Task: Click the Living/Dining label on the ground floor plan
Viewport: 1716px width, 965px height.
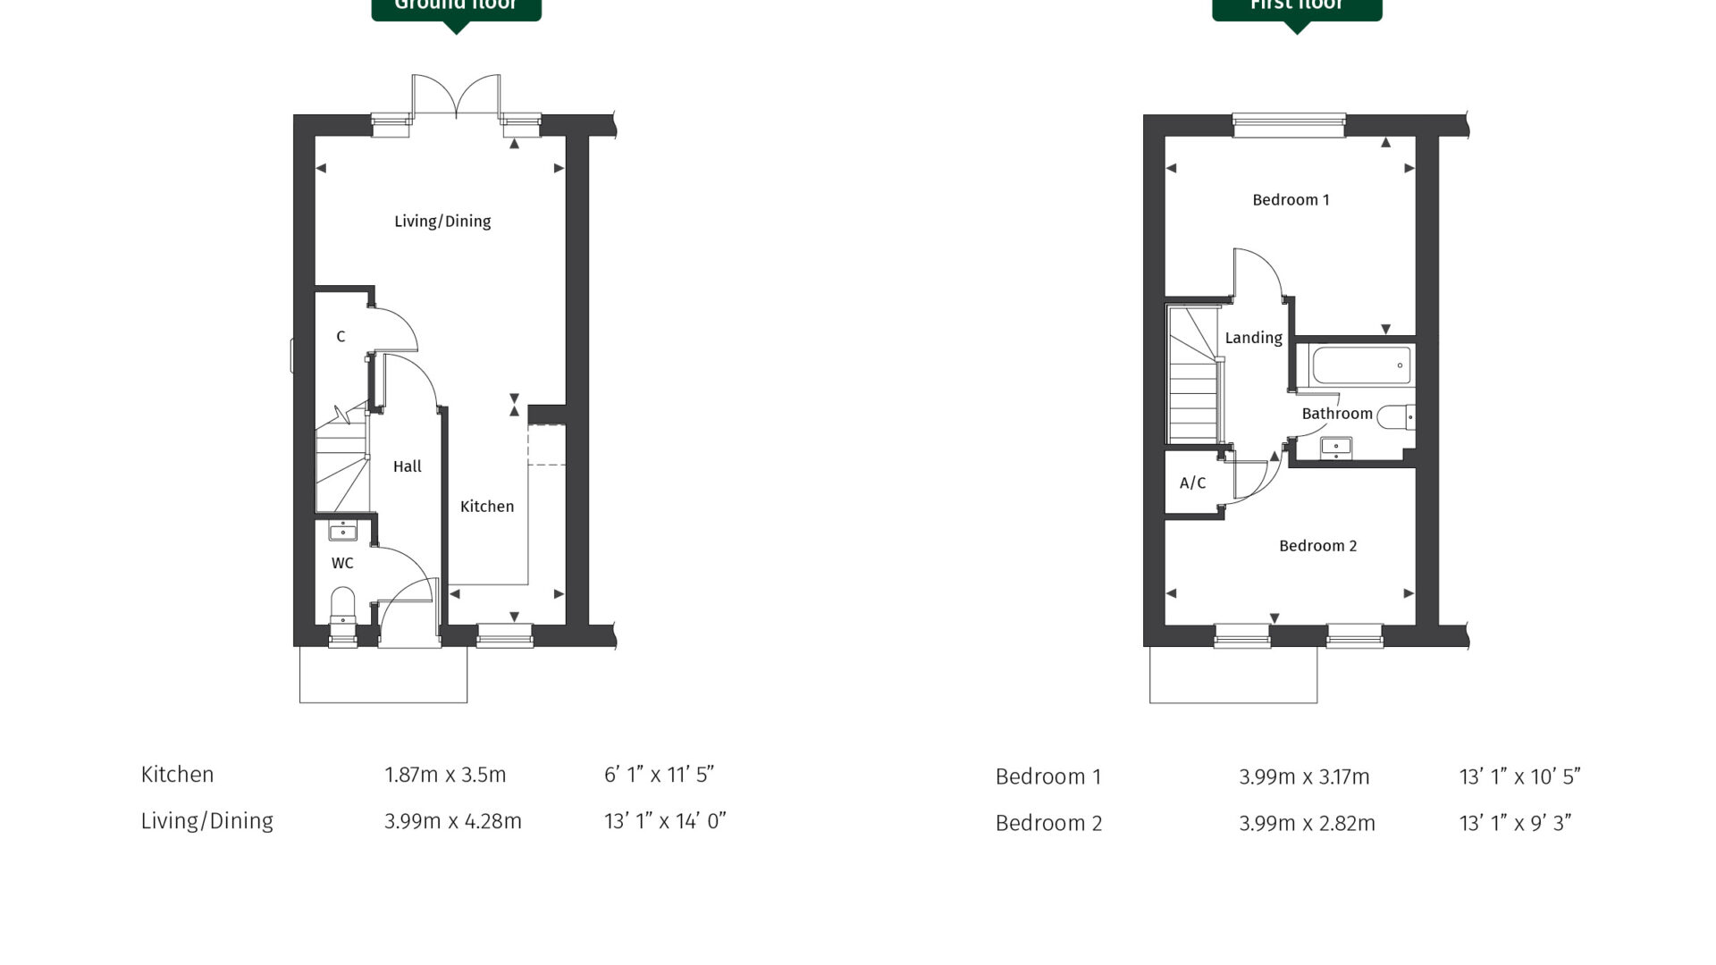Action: click(x=442, y=221)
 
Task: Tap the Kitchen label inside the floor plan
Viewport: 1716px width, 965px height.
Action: click(x=487, y=507)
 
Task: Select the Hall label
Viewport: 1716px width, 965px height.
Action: click(x=407, y=466)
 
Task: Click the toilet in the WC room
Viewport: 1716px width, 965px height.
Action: click(x=342, y=605)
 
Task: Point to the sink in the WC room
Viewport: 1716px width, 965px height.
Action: click(x=343, y=531)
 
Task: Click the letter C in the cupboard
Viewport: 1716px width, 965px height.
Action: click(x=341, y=337)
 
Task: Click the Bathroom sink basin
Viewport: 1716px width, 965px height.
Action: click(x=1336, y=448)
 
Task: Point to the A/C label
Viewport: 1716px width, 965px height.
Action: click(x=1192, y=483)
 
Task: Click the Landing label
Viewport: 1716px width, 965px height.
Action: click(x=1253, y=338)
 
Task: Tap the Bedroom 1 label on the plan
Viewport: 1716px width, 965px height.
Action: click(x=1291, y=200)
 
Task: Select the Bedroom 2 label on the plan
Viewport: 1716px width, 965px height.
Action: click(x=1317, y=546)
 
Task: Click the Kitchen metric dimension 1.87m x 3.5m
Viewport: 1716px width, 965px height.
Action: click(x=445, y=775)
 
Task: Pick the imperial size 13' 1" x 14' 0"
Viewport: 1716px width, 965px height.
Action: click(x=665, y=821)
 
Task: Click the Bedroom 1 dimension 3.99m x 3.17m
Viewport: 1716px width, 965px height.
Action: click(x=1304, y=777)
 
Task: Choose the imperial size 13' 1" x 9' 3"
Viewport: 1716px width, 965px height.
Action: click(x=1515, y=824)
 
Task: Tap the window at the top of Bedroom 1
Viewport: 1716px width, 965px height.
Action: click(x=1289, y=125)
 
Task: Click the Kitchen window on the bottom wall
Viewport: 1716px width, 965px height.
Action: click(x=505, y=634)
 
